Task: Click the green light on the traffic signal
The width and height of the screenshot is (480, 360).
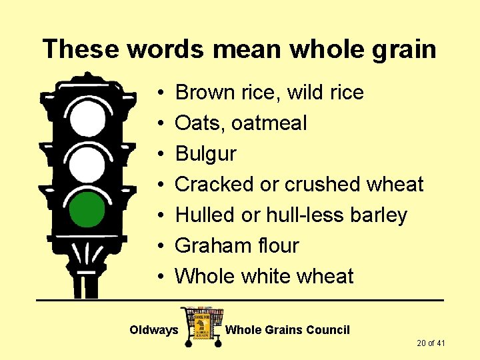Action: click(x=87, y=209)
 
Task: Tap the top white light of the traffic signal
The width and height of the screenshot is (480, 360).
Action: click(x=88, y=118)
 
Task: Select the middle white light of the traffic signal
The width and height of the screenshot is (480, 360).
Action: click(x=88, y=163)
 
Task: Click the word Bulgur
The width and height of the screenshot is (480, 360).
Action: click(x=205, y=154)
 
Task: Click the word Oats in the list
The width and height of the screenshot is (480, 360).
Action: click(x=193, y=123)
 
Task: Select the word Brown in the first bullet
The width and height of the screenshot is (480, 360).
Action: click(x=202, y=93)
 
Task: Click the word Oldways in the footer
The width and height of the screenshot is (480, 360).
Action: click(x=153, y=330)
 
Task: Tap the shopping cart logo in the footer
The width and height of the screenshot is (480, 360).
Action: click(x=202, y=326)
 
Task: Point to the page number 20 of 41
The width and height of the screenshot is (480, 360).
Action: click(x=431, y=343)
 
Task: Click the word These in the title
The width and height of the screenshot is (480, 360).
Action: click(x=80, y=49)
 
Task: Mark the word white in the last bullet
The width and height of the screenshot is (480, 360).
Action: click(x=269, y=277)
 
